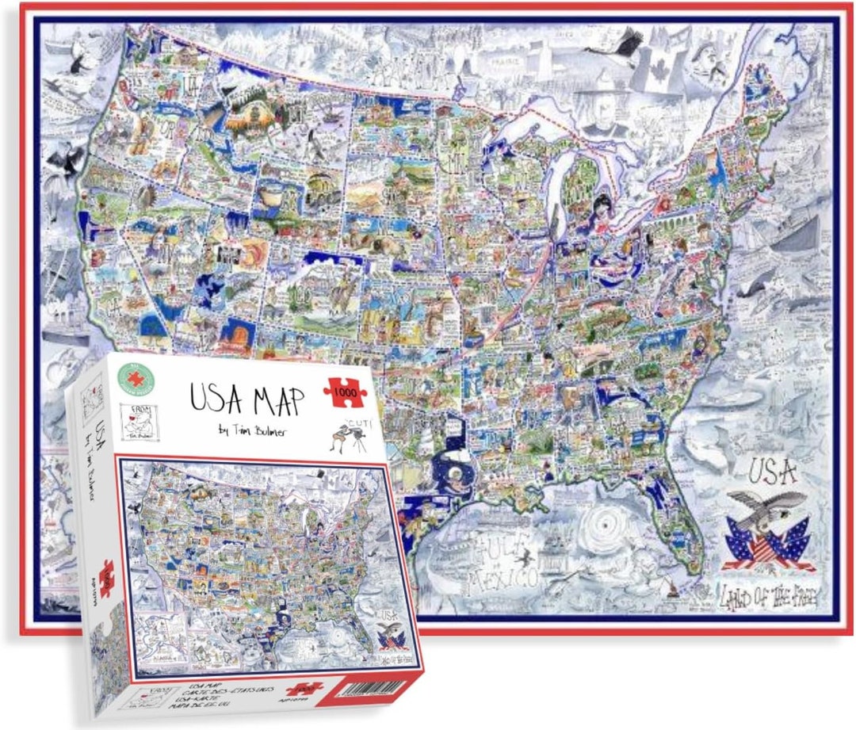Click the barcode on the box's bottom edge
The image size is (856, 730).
365,687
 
